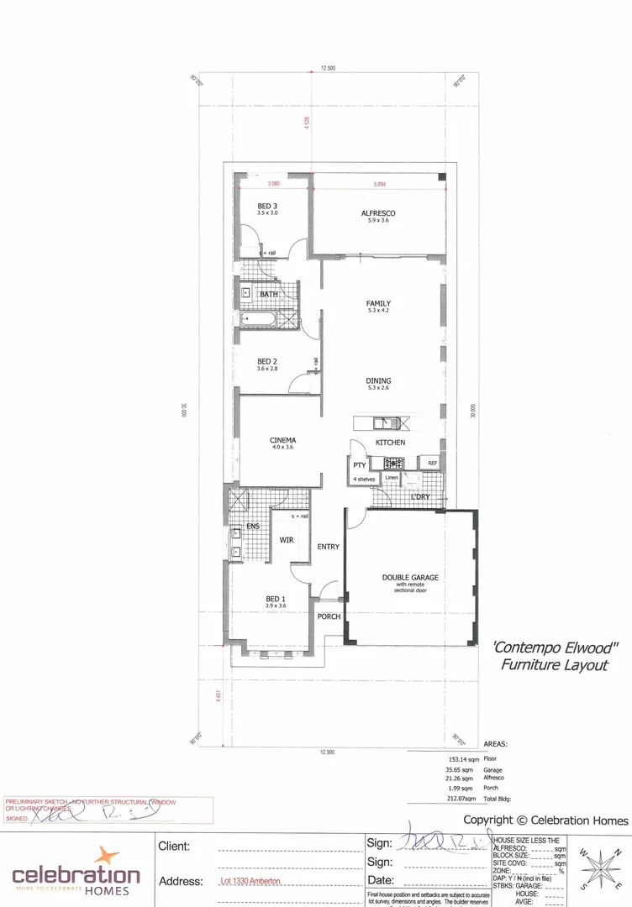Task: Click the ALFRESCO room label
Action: point(378,213)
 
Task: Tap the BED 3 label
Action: point(267,206)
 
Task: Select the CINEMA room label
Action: point(283,440)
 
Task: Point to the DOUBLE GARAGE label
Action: point(411,578)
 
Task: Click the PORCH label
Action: point(329,616)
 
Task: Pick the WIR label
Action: point(287,540)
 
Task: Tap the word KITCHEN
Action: point(390,443)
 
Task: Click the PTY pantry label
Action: point(359,464)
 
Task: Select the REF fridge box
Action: point(432,464)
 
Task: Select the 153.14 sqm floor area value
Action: point(458,758)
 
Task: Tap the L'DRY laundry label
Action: point(420,497)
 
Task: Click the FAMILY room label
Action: point(378,304)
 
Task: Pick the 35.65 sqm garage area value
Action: point(458,769)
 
